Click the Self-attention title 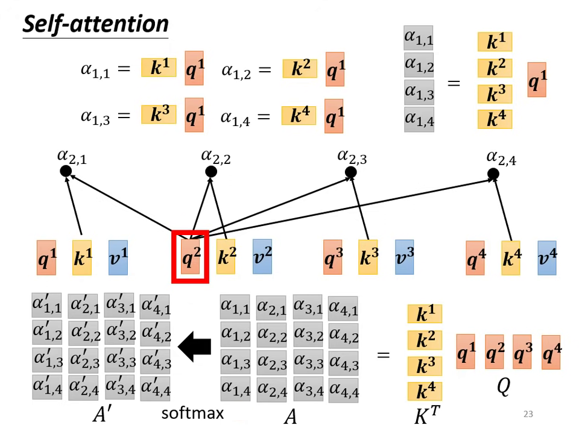(95, 24)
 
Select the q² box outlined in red (190, 257)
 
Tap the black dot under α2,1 (66, 172)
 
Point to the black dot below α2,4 (493, 174)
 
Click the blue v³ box (404, 257)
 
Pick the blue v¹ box (118, 257)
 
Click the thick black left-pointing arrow (195, 347)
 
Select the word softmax (192, 413)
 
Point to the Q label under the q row (503, 387)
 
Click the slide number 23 (528, 414)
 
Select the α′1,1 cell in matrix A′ (47, 306)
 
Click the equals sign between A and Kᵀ (383, 354)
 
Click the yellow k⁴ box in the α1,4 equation (299, 115)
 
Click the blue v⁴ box (547, 257)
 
